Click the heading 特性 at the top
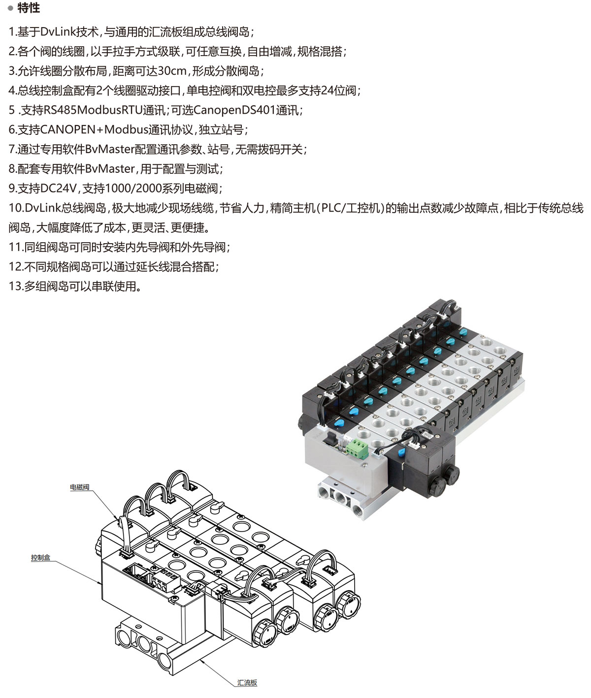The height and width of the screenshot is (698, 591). coord(29,8)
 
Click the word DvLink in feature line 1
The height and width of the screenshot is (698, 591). coord(58,32)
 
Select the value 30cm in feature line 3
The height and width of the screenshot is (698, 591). coord(172,71)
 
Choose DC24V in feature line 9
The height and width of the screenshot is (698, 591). coord(58,189)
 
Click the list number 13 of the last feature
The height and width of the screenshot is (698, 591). coord(16,286)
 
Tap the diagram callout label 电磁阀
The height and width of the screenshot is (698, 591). coord(80,487)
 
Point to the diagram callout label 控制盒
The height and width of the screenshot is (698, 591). coord(40,557)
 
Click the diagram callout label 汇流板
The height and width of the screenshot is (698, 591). coord(247,682)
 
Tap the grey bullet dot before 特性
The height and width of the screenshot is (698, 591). coord(10,8)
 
